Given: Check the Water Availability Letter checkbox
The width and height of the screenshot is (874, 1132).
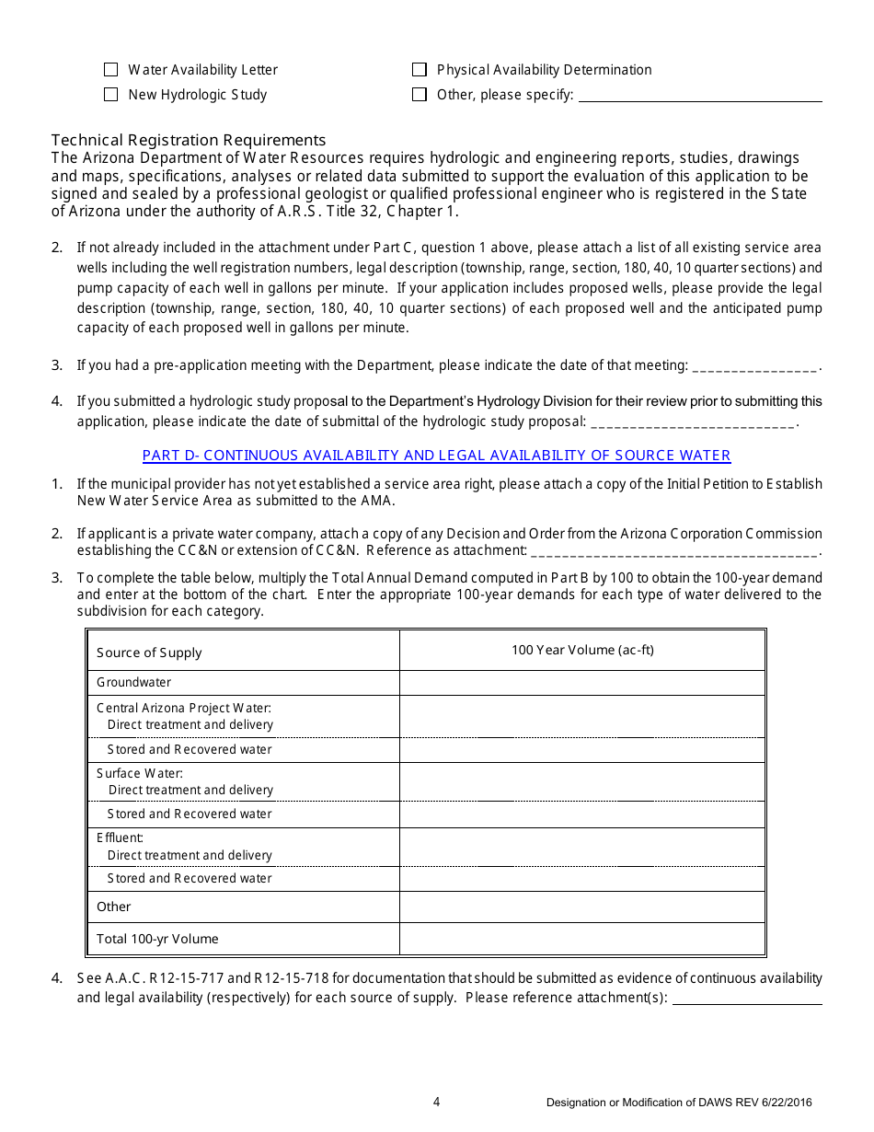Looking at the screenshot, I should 111,70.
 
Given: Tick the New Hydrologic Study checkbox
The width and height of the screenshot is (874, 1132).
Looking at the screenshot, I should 111,95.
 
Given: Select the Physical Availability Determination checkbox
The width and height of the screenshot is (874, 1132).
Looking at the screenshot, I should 420,70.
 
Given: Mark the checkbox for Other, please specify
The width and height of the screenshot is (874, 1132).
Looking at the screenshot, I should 420,95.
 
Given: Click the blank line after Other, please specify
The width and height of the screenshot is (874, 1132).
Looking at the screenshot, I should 699,96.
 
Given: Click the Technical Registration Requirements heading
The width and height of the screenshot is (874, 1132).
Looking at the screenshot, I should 189,140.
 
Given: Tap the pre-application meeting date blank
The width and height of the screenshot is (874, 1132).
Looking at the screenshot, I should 753,367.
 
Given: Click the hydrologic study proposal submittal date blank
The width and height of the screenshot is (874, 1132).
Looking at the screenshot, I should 692,423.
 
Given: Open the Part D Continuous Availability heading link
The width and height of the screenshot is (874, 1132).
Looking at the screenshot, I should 436,456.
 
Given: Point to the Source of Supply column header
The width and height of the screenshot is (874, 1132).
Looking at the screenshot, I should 149,653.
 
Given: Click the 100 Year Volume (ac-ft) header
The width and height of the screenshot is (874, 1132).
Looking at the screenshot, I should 582,650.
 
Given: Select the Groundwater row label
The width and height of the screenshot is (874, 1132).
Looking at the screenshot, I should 134,683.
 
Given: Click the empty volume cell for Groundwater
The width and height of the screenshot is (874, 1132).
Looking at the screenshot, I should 582,683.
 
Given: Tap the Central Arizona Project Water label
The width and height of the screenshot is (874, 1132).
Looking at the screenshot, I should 184,708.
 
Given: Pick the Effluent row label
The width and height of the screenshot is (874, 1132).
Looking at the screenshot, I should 120,837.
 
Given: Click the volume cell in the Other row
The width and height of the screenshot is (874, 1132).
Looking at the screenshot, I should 582,907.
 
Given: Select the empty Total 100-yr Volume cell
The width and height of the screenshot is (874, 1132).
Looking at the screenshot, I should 582,939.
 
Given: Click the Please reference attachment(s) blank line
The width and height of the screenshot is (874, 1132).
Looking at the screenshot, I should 747,999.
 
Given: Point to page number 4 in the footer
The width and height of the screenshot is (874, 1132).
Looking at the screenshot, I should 437,1103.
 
